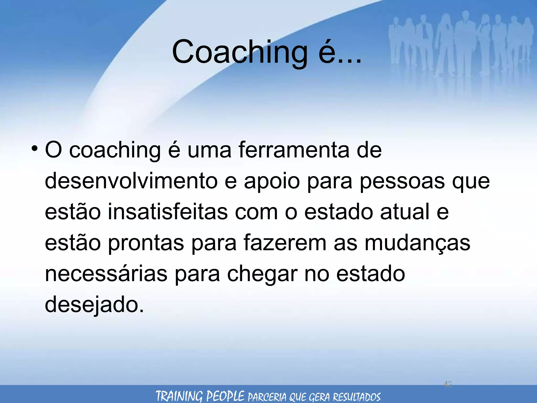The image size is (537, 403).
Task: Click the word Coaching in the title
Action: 240,52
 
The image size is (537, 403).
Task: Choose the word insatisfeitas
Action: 168,212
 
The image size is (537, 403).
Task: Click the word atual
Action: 405,212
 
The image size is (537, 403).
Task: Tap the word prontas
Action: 146,243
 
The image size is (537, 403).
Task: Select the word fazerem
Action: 285,243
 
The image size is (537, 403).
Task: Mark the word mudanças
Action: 417,243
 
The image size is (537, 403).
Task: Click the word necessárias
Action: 106,274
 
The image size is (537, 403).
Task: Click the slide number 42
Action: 448,384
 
